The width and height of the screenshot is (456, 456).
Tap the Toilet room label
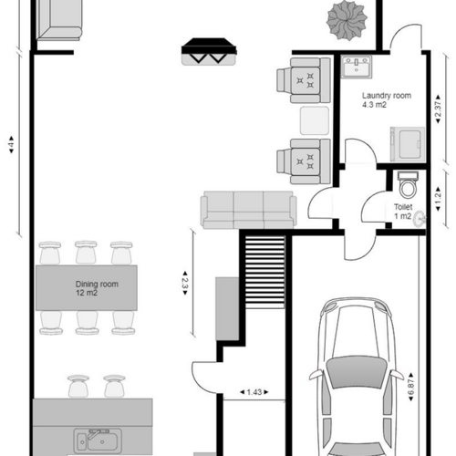404,212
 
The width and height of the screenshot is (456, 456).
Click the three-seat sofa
248,209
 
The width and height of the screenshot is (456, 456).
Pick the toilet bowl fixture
409,186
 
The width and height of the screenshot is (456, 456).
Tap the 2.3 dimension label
184,282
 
